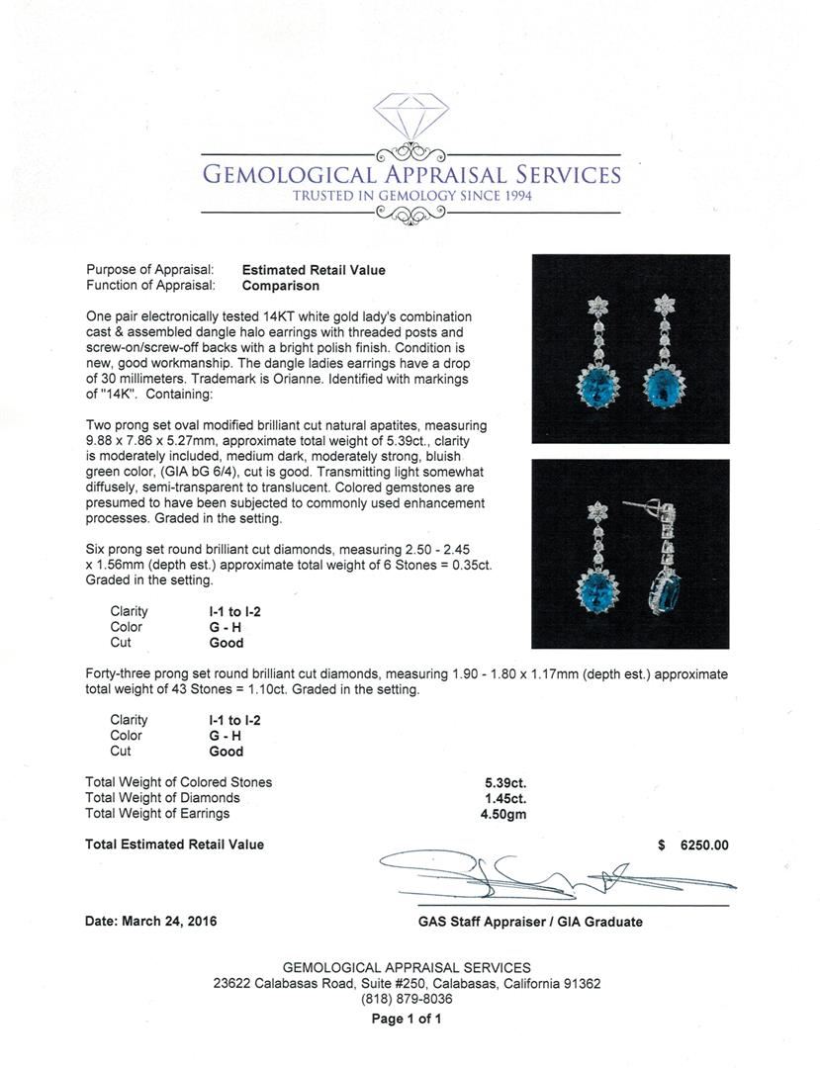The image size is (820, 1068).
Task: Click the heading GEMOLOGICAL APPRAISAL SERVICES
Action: click(x=411, y=175)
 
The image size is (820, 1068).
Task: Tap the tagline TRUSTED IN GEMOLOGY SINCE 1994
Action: click(x=411, y=196)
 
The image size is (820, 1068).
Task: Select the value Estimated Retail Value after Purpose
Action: click(x=314, y=270)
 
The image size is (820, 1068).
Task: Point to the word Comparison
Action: click(x=281, y=286)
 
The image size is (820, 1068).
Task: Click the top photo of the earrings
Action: click(x=630, y=349)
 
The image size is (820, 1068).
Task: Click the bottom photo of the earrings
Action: click(x=630, y=554)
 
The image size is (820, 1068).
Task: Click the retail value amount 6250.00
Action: click(x=704, y=845)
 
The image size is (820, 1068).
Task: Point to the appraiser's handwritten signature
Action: click(x=554, y=873)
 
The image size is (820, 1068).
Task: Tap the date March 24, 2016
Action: click(x=151, y=922)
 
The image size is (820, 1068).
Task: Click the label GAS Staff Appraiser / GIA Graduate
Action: click(x=530, y=922)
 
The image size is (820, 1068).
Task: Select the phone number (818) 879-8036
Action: click(x=407, y=1000)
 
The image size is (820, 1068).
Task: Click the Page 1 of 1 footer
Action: click(x=407, y=1020)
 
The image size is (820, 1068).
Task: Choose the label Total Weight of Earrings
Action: click(x=157, y=814)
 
